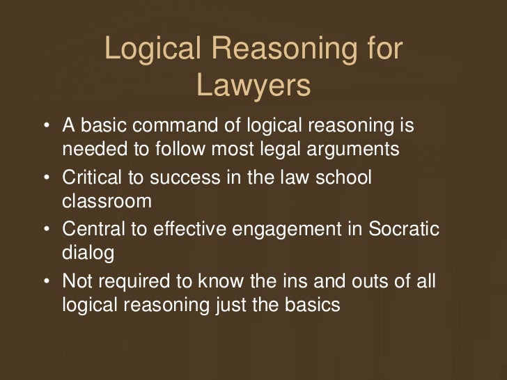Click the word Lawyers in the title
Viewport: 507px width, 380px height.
(253, 86)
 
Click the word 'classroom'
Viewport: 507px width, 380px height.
(107, 201)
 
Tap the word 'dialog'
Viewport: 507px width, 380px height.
(88, 253)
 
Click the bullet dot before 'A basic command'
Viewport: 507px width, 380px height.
(45, 127)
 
